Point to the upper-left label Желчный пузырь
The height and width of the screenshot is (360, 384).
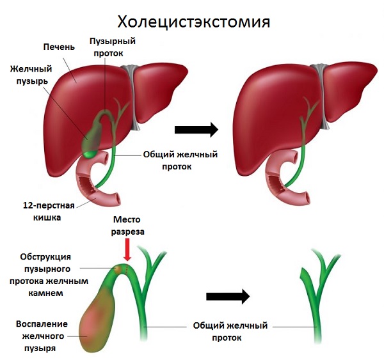pos(31,74)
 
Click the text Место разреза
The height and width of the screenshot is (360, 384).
pos(128,224)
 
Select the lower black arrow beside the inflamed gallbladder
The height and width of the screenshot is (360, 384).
pos(228,296)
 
